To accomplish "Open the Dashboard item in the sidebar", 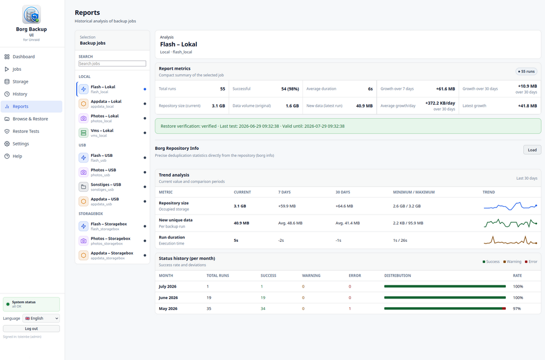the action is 23,57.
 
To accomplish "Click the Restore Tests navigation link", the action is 26,131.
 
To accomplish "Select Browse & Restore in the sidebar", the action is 30,119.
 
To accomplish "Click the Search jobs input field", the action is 112,64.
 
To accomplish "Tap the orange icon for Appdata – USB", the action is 83,202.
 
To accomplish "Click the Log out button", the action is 31,329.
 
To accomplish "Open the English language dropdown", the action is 41,318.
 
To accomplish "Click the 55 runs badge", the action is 526,71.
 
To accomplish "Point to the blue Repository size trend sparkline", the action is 510,206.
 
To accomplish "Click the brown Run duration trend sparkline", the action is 510,240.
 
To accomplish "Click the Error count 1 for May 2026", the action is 350,309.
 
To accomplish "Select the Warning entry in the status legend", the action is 512,261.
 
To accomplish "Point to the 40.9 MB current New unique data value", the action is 241,223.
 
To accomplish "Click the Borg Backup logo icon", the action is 32,15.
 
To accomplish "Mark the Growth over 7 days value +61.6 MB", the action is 445,89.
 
